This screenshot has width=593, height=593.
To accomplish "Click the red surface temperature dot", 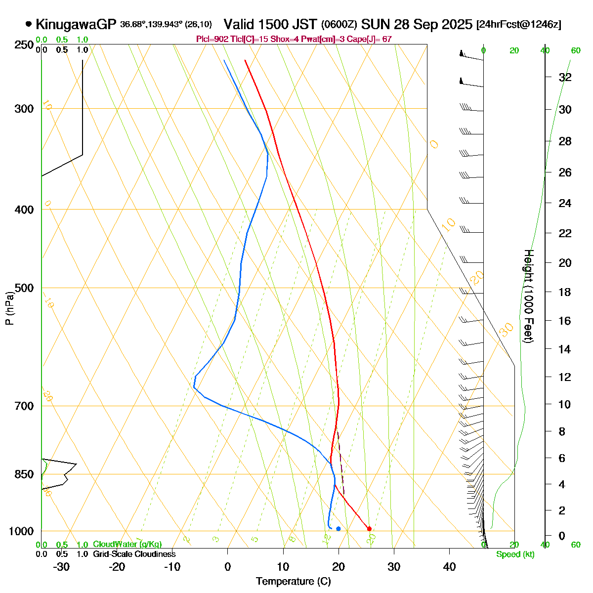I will coord(369,529).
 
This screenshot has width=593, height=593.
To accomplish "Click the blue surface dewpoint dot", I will coord(338,529).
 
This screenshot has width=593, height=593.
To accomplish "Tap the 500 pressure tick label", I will coord(25,288).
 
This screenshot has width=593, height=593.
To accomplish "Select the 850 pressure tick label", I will coord(25,474).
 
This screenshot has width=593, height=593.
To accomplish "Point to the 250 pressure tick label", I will coord(25,45).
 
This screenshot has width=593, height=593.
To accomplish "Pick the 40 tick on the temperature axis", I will coord(449,567).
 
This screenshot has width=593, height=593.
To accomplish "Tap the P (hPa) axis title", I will coord(9,308).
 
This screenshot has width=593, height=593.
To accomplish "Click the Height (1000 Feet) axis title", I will coord(528,296).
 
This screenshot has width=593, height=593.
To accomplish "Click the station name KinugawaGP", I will coord(76,24).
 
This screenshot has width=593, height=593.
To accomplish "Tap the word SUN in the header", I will coord(373,24).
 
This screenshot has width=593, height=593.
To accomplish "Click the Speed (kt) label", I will coord(515,554).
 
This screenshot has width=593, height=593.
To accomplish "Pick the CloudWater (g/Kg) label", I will coord(127,545).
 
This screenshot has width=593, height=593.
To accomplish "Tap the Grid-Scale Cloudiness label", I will coord(134,554).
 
